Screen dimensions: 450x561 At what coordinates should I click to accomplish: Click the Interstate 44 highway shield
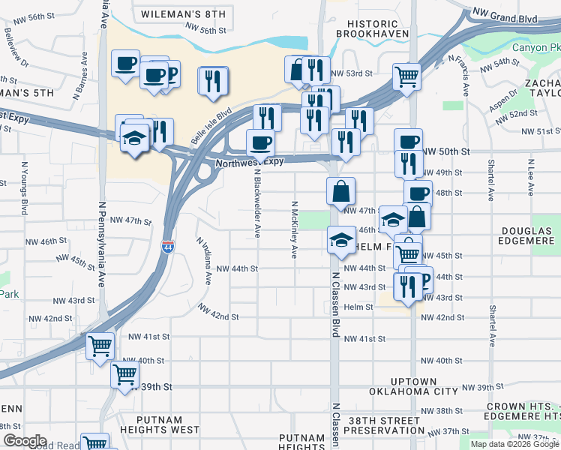[x=166, y=246]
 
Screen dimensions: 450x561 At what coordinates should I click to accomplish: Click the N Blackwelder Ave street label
[x=256, y=202]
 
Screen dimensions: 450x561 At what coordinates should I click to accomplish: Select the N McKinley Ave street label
[x=295, y=229]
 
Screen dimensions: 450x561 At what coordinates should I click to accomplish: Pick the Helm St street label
[x=358, y=307]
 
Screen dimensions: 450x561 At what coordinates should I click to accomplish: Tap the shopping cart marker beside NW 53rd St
[x=406, y=75]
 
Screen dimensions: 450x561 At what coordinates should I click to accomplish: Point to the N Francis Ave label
[x=458, y=76]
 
